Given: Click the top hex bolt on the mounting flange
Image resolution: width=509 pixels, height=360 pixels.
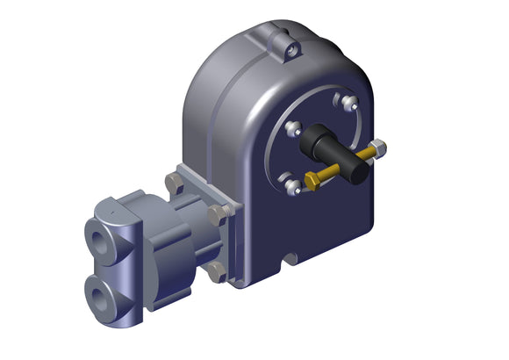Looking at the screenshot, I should pyautogui.click(x=173, y=184).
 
